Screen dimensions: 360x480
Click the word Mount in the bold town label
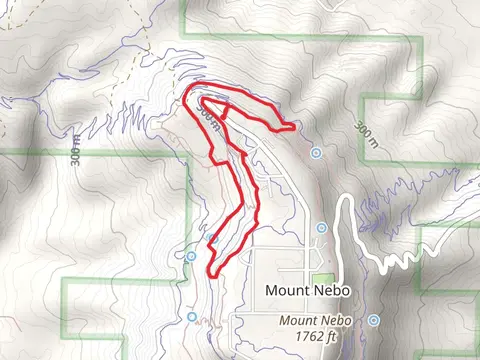[285, 290]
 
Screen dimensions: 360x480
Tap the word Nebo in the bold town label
[328, 290]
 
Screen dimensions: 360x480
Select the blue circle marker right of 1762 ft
[373, 320]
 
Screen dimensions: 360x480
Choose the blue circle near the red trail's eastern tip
[316, 153]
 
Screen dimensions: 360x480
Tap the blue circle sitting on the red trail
[212, 238]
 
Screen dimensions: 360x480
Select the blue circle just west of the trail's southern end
[191, 256]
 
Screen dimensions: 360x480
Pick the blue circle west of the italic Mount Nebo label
[192, 316]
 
